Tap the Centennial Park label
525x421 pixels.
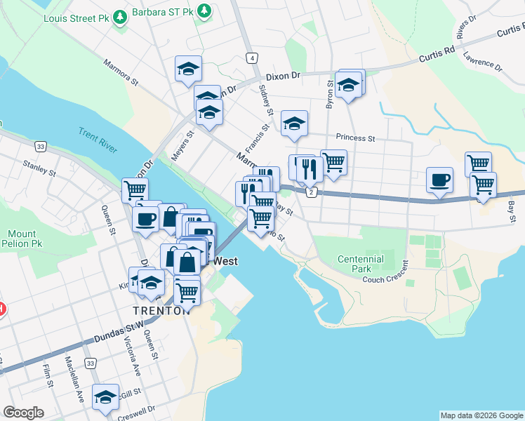coord(361,264)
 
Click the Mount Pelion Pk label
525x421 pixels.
coord(22,239)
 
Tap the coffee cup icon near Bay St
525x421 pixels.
coord(440,180)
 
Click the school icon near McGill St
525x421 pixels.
coord(106,397)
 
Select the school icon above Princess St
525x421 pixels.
coord(295,123)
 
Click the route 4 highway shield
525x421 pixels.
coord(251,58)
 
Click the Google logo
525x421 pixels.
coord(24,413)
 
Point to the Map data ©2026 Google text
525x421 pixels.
coord(481,415)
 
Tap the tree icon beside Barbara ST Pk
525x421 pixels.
coord(204,11)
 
